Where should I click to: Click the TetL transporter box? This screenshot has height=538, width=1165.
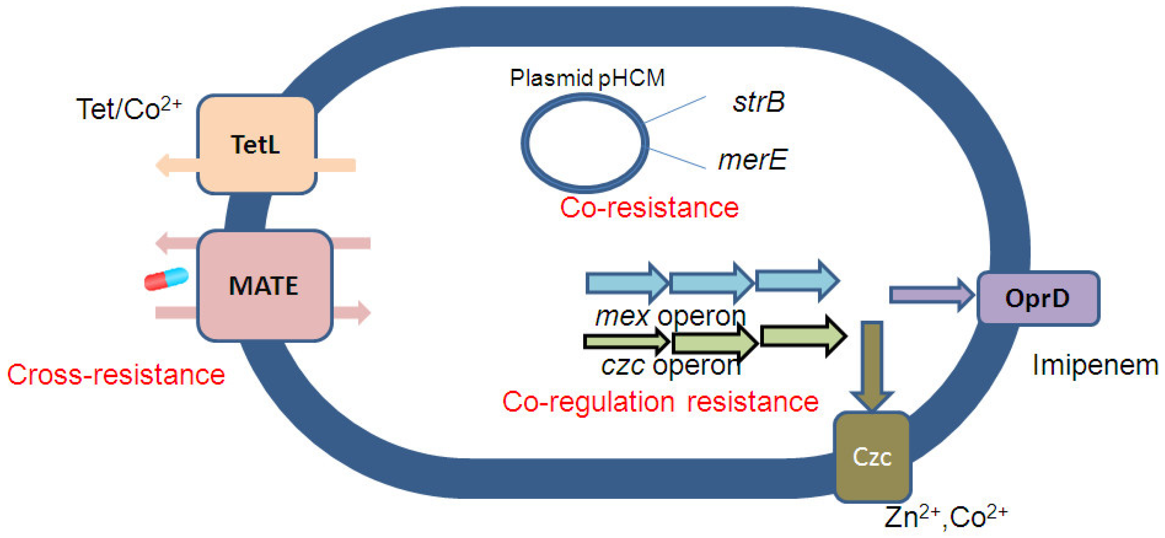(256, 144)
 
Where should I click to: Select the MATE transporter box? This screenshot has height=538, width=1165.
(265, 285)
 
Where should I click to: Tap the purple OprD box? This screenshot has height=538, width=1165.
(1038, 298)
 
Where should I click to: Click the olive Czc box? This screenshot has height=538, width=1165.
(872, 457)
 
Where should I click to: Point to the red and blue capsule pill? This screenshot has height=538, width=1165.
(166, 279)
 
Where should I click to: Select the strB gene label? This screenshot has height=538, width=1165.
(759, 102)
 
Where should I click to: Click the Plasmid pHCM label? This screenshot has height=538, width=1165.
(588, 78)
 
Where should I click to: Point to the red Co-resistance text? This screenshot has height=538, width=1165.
(649, 208)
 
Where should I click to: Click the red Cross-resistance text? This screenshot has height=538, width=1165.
(116, 374)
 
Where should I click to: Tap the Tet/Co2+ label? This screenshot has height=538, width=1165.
(129, 109)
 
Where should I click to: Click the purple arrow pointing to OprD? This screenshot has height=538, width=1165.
(932, 295)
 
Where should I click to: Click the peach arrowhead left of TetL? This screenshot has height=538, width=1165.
(163, 166)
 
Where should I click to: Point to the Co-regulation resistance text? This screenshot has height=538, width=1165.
(660, 402)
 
